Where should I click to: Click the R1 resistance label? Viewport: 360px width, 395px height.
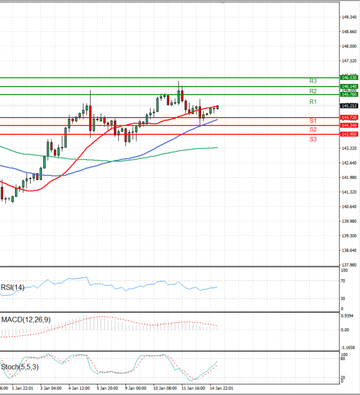coord(313,102)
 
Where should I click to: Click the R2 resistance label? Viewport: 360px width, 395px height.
coord(313,91)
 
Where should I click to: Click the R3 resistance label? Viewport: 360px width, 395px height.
coord(313,80)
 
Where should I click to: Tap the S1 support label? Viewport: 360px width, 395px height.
coord(313,121)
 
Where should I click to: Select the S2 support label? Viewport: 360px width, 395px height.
coord(313,130)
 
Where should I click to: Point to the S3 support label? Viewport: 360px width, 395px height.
coord(313,139)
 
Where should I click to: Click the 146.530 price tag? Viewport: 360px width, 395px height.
coord(349,78)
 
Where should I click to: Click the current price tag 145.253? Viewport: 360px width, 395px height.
coord(349,106)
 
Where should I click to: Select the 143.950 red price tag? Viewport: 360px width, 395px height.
coord(349,134)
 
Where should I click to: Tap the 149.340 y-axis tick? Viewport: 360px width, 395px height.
coord(350,17)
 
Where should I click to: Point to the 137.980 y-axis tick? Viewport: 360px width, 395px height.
coord(350,265)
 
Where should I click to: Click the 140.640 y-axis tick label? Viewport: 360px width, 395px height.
coord(350,207)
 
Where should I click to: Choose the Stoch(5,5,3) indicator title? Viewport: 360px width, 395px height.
coord(20,367)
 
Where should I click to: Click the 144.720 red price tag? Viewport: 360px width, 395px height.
coord(349,117)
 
